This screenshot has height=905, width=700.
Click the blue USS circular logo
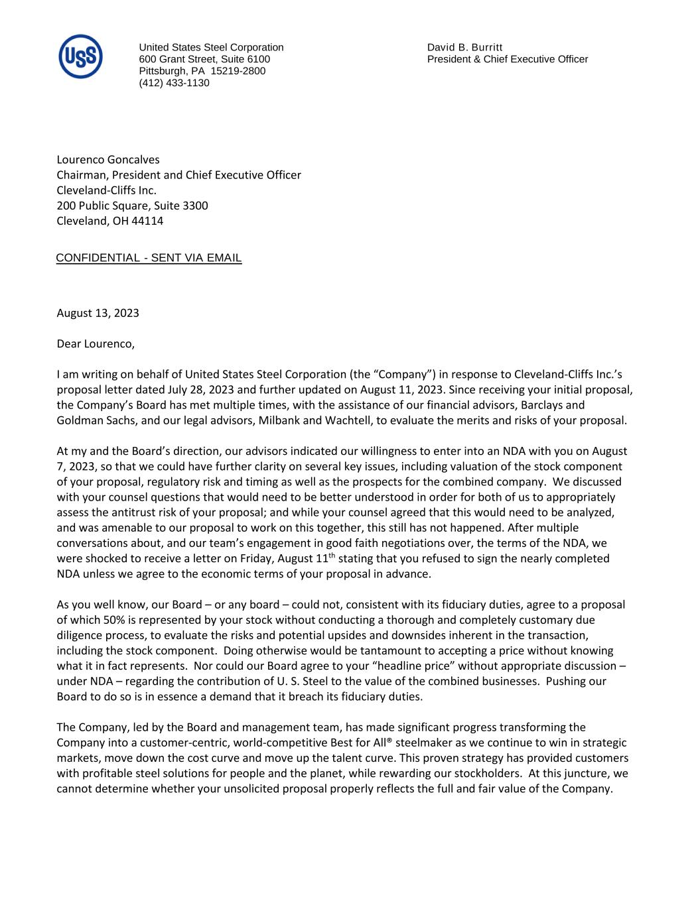81,56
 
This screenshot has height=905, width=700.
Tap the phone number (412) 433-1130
174,83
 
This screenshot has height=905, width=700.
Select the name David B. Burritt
464,47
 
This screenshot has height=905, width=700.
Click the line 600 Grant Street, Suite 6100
204,59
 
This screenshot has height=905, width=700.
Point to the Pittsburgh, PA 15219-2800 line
202,71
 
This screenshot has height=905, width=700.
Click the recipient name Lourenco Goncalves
108,160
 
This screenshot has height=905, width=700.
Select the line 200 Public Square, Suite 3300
132,206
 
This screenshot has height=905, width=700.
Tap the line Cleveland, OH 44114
109,221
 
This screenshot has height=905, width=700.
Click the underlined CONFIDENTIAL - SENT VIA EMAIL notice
149,258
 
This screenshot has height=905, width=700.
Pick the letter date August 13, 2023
98,313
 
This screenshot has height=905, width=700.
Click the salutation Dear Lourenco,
96,343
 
